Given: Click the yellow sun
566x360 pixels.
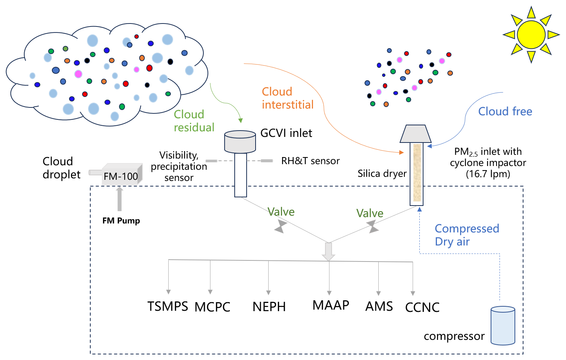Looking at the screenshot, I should point(531,34).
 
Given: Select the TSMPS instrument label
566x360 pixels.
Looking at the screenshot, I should point(168,306).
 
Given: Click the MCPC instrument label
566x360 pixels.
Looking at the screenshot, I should point(212,307).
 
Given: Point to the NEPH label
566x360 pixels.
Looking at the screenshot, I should point(269,307).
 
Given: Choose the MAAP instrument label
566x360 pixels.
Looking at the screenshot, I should point(331,305).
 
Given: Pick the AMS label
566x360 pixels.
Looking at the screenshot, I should point(379,306).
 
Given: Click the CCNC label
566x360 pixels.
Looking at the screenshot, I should point(422,307).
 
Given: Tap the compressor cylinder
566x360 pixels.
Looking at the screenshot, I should point(503,326).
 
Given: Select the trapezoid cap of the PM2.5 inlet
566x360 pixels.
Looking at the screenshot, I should point(415,134).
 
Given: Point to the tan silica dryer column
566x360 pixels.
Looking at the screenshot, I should point(417,173).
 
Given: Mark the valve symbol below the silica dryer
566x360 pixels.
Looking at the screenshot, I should point(372,226).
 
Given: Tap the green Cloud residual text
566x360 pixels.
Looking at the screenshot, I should point(194,121).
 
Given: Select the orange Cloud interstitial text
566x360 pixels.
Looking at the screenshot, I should point(287,98).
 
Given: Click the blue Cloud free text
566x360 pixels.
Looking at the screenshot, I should point(505,112).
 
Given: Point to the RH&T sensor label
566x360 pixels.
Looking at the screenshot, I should point(310,161).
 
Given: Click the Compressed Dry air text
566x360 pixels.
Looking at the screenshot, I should point(466,235).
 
